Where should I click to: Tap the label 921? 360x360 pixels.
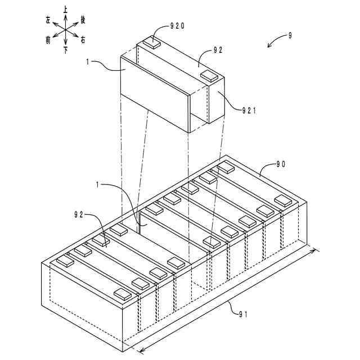click(x=247, y=110)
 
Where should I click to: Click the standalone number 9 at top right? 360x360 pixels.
click(x=290, y=35)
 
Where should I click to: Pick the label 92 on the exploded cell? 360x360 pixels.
click(x=218, y=49)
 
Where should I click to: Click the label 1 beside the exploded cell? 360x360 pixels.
click(x=88, y=62)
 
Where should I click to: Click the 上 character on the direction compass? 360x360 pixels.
click(x=66, y=10)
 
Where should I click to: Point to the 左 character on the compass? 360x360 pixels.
click(x=48, y=20)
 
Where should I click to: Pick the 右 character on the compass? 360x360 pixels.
click(x=83, y=40)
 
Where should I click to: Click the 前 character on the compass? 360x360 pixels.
click(x=48, y=40)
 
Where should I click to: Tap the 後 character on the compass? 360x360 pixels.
click(x=83, y=20)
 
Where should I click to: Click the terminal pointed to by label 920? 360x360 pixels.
click(x=153, y=41)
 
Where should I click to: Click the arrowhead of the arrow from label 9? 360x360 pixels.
click(x=268, y=47)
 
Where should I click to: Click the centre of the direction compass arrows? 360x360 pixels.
click(x=66, y=30)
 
